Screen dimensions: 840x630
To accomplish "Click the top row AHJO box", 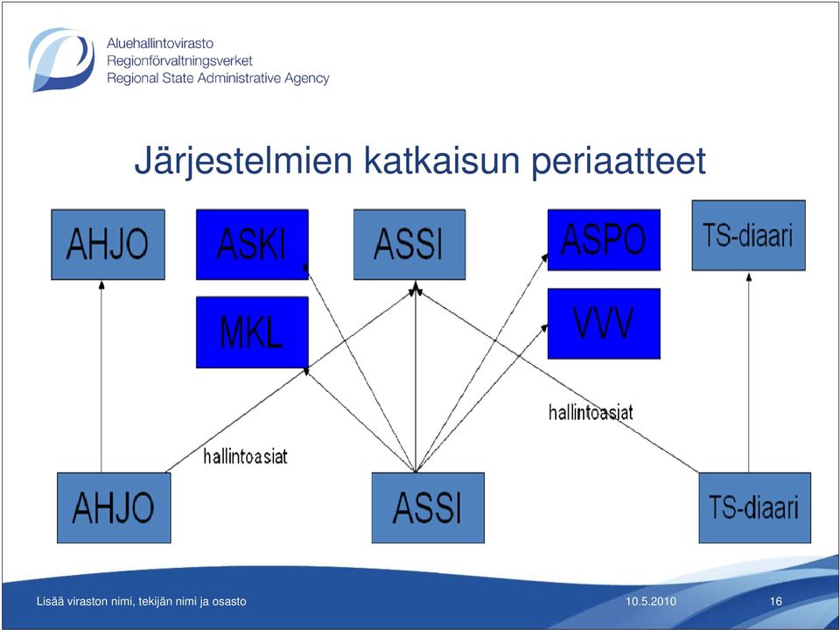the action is tap(108, 244).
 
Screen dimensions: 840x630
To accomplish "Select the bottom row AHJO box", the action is tap(114, 507).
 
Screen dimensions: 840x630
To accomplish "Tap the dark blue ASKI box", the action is tap(252, 244).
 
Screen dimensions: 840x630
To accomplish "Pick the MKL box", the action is tap(252, 332).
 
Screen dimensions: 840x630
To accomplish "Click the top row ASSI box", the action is tap(409, 244).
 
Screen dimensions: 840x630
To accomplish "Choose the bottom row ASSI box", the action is tap(428, 507).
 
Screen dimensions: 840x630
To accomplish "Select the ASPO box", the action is tap(604, 240).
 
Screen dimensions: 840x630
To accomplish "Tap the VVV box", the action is tap(604, 323).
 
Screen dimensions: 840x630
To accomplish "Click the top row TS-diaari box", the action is tap(748, 235).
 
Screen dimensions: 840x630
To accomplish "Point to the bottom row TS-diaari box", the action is tap(754, 507).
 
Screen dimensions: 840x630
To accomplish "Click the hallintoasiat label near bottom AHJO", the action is tap(245, 457).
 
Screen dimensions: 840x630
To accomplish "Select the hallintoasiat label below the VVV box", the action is tap(591, 412).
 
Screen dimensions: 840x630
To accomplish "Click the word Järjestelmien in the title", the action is tap(243, 161).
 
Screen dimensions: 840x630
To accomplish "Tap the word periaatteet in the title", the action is tap(619, 161).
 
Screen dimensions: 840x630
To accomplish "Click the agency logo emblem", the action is tap(61, 59).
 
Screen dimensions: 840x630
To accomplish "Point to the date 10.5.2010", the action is tap(650, 601).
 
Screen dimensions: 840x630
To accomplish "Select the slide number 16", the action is tap(776, 601).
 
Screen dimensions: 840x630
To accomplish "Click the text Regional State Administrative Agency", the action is tap(218, 78).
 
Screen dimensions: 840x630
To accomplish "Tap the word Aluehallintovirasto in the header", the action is tap(159, 43).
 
